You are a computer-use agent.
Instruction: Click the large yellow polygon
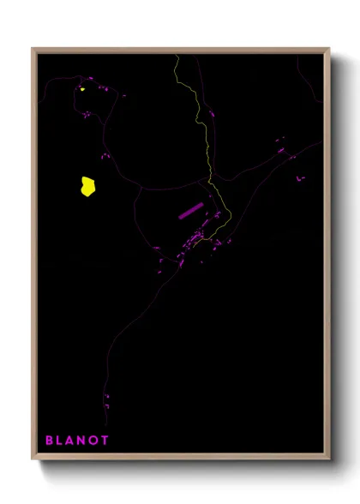coord(87,187)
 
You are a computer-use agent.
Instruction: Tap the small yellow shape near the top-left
coord(82,87)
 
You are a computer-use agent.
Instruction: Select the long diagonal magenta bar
coord(189,211)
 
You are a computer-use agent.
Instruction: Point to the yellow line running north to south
coord(206,137)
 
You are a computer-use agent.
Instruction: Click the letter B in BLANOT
coord(50,441)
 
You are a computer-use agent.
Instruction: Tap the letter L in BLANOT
coord(62,441)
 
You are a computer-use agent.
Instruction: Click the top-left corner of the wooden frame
coord(33,49)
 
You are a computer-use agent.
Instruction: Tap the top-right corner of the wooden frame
coord(328,49)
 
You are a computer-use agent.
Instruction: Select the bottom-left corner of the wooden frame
coord(33,459)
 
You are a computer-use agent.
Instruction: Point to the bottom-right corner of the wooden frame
coord(328,459)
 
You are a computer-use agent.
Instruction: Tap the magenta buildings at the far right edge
coord(300,178)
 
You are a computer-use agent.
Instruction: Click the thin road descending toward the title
coord(116,343)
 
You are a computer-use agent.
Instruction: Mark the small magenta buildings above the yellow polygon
coord(105,155)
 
